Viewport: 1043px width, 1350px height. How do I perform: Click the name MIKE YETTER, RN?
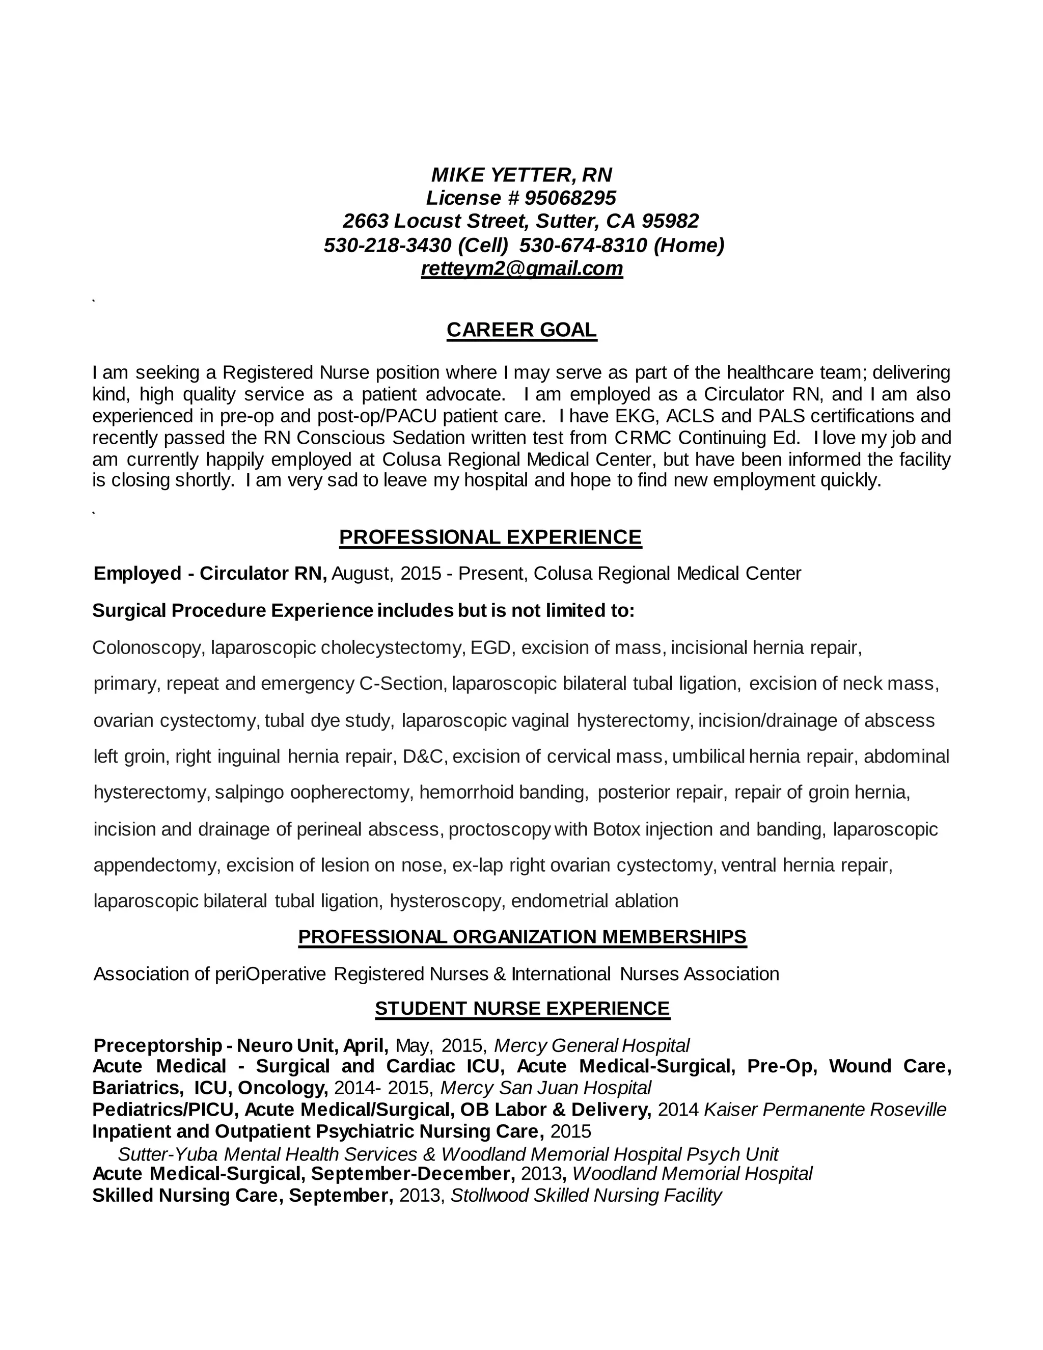pos(521,175)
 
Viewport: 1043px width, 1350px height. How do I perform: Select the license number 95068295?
pos(570,198)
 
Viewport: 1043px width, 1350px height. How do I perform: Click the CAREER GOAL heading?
pos(521,330)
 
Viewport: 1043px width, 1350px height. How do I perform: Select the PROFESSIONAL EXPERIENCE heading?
pos(490,537)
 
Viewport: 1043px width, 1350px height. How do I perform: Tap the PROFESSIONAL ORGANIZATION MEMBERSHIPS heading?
pos(522,936)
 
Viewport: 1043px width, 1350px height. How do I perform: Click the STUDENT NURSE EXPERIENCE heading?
pos(522,1008)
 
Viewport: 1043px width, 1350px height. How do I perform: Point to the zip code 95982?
pos(670,221)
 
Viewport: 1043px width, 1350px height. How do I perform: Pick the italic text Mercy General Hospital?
pos(591,1045)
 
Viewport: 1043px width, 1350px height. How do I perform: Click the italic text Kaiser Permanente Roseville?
pos(825,1110)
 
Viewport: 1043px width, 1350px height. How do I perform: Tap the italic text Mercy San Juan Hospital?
pos(545,1087)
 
